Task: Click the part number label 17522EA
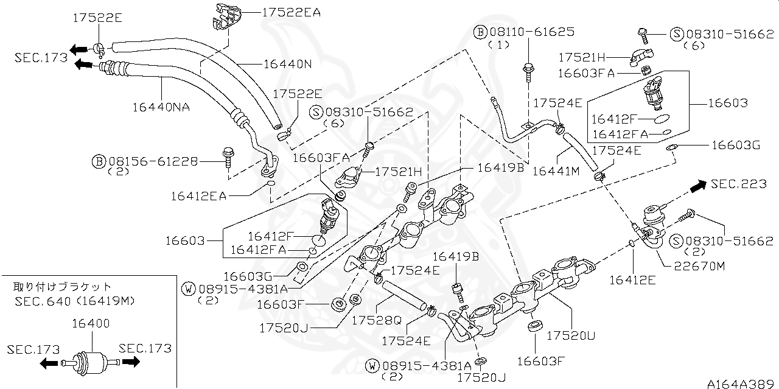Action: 292,12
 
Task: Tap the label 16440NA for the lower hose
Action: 161,107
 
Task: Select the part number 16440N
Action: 287,63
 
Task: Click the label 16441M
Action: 556,172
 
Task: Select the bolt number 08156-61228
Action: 153,161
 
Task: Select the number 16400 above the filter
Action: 91,323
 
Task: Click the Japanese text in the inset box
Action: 63,286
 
